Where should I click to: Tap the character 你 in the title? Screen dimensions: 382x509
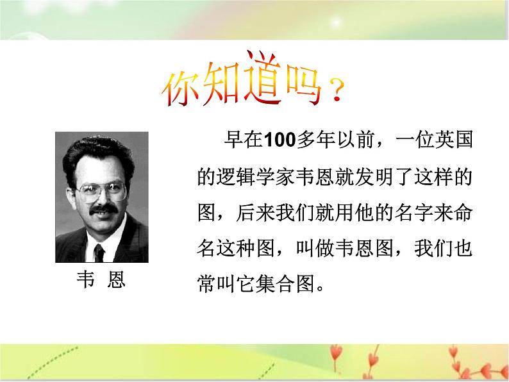(181, 90)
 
